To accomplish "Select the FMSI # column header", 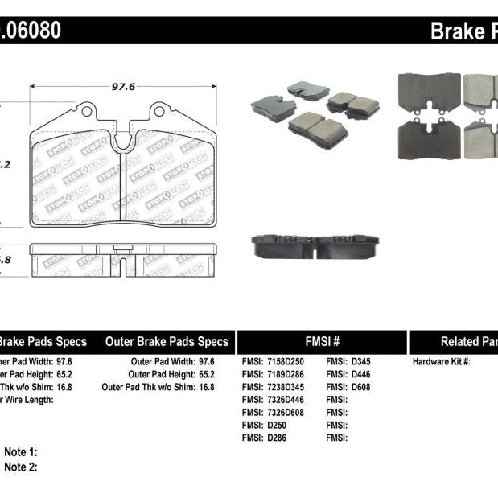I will pos(323,341).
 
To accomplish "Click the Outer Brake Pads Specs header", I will pos(167,341).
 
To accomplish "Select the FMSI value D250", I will pos(277,426).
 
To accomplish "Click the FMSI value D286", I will pos(277,438).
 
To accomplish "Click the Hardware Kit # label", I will pos(441,361).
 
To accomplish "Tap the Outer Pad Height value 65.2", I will pos(206,374).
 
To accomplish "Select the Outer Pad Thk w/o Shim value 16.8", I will pos(206,387).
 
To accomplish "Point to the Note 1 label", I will pos(21,453).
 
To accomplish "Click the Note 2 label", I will pos(21,467).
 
